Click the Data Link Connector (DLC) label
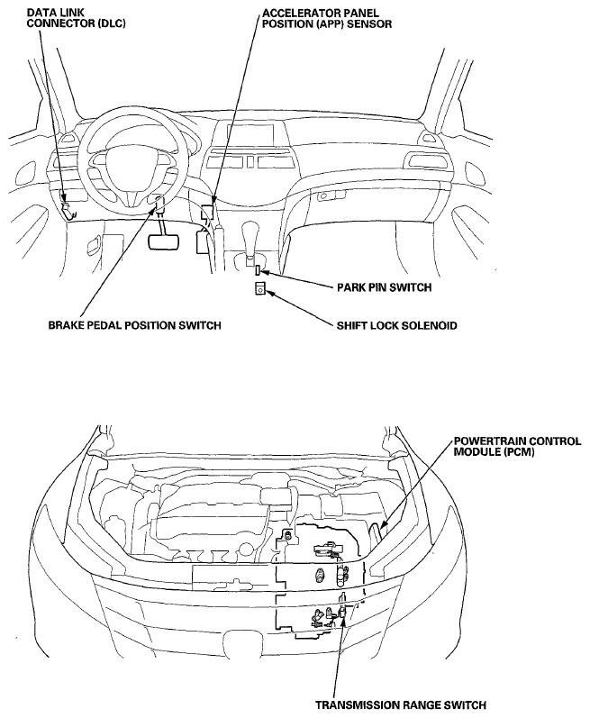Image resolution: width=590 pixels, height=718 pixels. (76, 18)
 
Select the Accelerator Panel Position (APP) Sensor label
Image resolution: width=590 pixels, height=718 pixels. (327, 18)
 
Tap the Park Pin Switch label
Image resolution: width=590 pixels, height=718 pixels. (384, 287)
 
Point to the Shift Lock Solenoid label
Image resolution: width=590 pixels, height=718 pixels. (397, 325)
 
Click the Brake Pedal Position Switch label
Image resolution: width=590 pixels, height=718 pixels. (134, 325)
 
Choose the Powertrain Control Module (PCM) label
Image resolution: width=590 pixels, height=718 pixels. (517, 447)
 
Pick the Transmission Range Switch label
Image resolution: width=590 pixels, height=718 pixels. (401, 705)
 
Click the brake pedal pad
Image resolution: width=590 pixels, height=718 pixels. (163, 241)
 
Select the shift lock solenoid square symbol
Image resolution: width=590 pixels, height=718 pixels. (260, 288)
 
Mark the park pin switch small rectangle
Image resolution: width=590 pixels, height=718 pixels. (259, 270)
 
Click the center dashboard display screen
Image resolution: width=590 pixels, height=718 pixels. (251, 132)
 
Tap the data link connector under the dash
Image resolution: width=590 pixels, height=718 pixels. (68, 210)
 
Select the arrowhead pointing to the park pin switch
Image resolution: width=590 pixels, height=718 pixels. (266, 273)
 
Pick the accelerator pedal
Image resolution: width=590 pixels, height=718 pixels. (202, 242)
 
